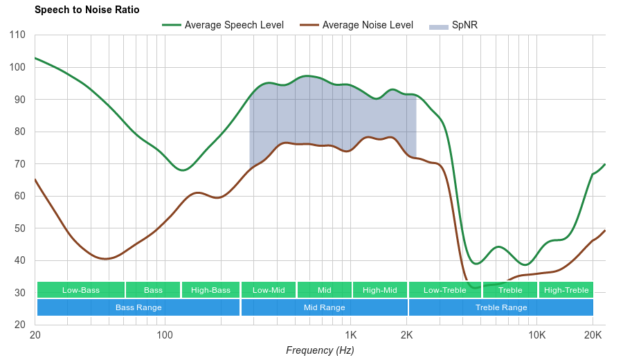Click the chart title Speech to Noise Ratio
pos(87,10)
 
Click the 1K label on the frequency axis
pos(350,336)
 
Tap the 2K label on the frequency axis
pos(406,336)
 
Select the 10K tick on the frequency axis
pos(536,336)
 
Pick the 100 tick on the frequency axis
pos(164,336)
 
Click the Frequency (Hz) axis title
pos(320,350)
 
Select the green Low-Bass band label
pos(81,290)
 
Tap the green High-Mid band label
pos(380,290)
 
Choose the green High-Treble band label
pos(566,290)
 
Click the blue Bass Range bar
pos(138,307)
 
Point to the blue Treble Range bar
pos(501,307)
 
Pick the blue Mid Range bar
pos(324,307)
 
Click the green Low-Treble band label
pos(445,290)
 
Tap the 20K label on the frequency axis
pos(593,336)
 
